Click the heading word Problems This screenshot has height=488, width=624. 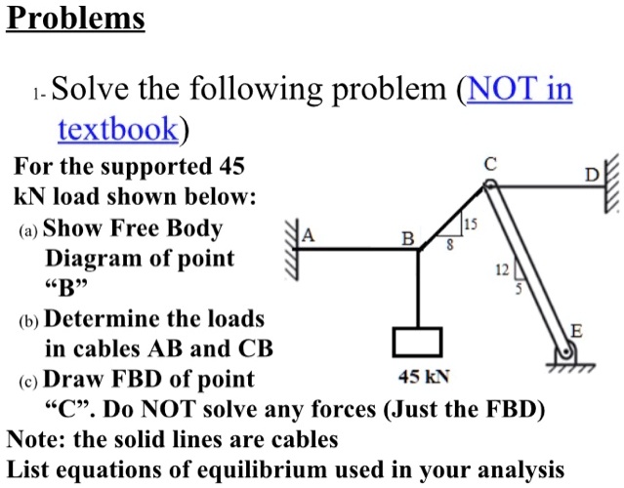pos(75,19)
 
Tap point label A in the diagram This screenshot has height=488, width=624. pos(309,235)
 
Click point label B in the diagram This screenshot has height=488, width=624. pos(408,239)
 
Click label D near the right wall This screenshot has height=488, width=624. pos(592,175)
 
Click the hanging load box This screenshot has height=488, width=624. pos(418,342)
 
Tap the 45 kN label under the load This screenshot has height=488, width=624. pos(423,376)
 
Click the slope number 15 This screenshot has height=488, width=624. pos(471,225)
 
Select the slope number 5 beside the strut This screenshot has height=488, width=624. pos(518,289)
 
